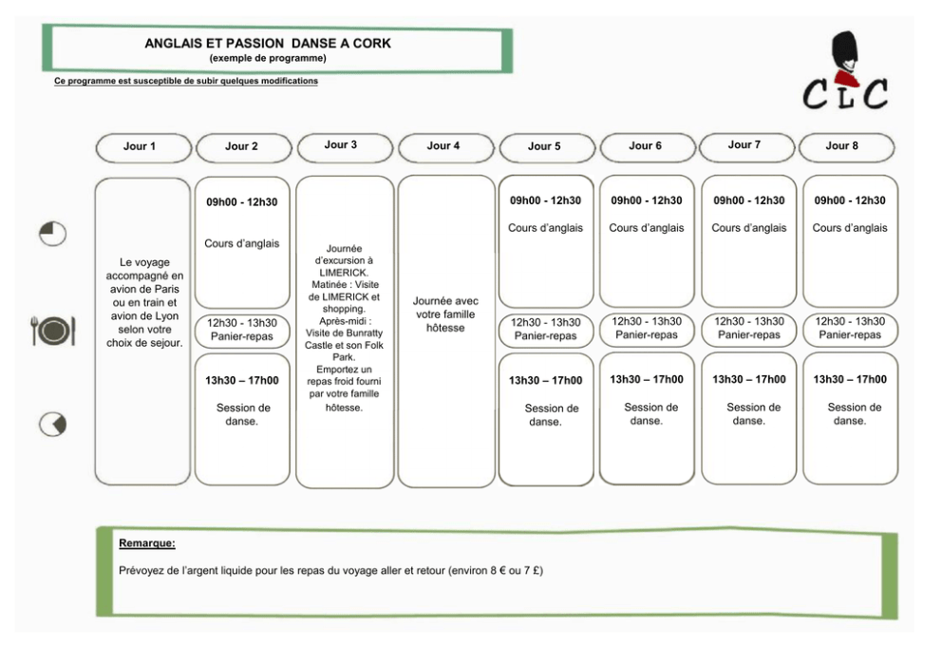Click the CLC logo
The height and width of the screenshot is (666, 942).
845,72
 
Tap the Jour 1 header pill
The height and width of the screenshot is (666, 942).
143,148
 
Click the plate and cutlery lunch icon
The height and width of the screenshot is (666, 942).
53,331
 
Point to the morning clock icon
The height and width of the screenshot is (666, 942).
53,234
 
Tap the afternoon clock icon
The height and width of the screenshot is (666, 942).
53,425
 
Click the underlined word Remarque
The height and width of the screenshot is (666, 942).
146,543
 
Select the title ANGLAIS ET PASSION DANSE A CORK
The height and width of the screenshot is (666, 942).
268,44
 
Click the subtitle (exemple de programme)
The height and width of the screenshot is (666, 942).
268,58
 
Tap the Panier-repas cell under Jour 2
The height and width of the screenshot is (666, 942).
242,330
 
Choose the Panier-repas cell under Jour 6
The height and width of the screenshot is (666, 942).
647,329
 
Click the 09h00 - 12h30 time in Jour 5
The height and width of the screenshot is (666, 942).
545,200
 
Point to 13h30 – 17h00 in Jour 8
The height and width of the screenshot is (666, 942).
850,379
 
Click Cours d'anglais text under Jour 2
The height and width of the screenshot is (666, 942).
242,243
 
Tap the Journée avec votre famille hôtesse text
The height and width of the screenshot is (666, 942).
445,314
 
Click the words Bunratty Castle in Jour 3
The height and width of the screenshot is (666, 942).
344,339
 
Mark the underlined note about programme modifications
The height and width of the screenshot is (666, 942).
185,81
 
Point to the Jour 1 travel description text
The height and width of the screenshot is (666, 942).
144,303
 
